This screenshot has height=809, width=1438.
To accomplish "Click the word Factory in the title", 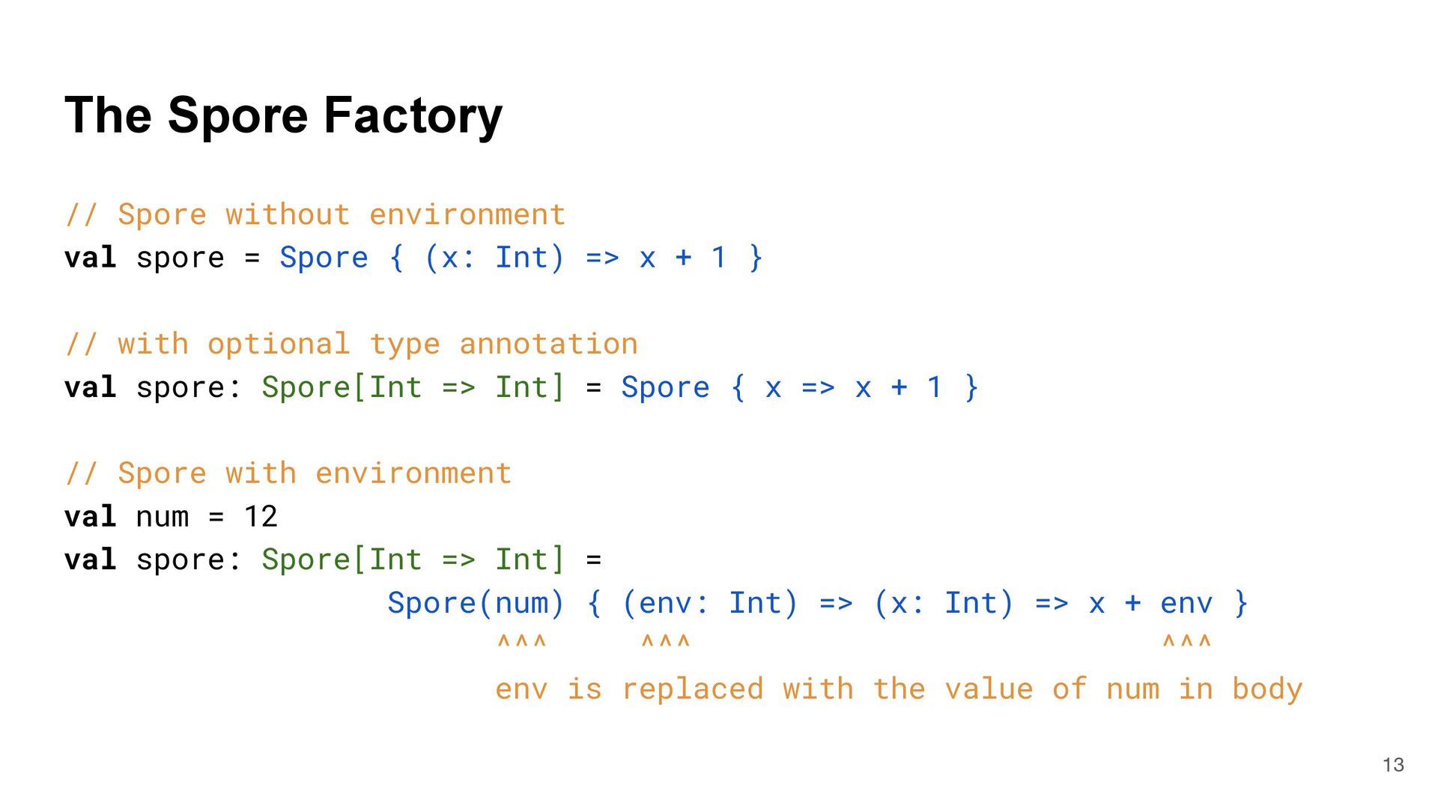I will click(x=413, y=116).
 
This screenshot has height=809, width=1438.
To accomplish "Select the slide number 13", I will click(x=1393, y=765).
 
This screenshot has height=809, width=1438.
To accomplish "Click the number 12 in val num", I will click(x=261, y=517).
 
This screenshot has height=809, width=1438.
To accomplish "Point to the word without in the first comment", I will click(x=288, y=215).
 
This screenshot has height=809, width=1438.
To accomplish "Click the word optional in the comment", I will click(x=279, y=345).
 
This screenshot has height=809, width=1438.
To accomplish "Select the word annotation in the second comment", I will click(x=548, y=345).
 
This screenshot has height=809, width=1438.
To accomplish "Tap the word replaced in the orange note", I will click(x=693, y=689).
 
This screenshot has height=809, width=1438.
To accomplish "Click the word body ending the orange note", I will click(x=1267, y=689).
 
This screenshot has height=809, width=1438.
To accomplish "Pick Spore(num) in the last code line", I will click(x=476, y=603).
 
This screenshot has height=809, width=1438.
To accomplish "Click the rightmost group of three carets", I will click(x=1186, y=642).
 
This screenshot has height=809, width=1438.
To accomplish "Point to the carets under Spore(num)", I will click(x=522, y=642).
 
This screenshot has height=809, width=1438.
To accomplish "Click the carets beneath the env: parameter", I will click(x=666, y=642).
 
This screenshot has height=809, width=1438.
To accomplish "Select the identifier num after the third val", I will click(x=162, y=517).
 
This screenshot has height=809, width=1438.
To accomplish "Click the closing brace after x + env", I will click(x=1241, y=603).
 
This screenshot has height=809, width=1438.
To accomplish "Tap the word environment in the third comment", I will click(x=413, y=473).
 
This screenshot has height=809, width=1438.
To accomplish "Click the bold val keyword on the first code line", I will click(x=91, y=258).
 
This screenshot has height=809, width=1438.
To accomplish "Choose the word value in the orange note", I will click(x=989, y=689).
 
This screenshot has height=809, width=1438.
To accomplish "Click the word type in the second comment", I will click(x=404, y=345).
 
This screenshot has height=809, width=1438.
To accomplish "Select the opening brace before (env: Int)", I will click(x=595, y=603).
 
